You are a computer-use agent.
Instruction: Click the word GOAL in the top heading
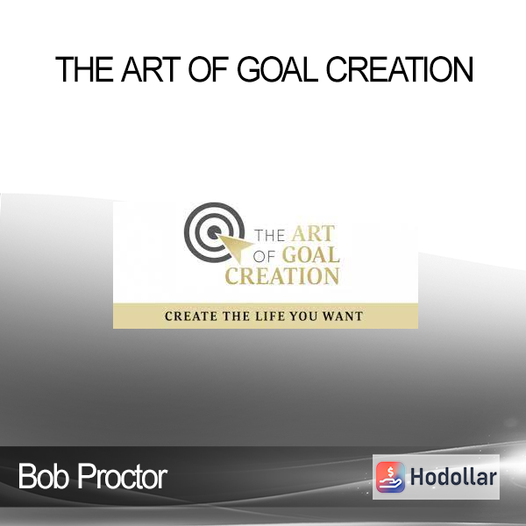pyautogui.click(x=277, y=69)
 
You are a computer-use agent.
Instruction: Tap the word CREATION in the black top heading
pyautogui.click(x=400, y=69)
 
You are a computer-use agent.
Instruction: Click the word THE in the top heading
pyautogui.click(x=84, y=69)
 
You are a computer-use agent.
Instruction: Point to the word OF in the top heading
pyautogui.click(x=209, y=69)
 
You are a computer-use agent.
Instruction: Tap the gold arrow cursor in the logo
pyautogui.click(x=235, y=247)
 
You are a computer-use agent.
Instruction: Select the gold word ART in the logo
pyautogui.click(x=313, y=233)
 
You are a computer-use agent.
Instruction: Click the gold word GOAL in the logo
pyautogui.click(x=311, y=255)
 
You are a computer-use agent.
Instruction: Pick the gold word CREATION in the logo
pyautogui.click(x=281, y=276)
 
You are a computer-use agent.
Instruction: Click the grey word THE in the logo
pyautogui.click(x=270, y=236)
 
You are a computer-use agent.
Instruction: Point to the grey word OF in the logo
pyautogui.click(x=264, y=257)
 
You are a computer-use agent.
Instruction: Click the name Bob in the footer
pyautogui.click(x=44, y=476)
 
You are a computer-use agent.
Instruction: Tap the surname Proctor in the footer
pyautogui.click(x=123, y=476)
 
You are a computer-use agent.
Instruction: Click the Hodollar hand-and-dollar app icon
pyautogui.click(x=390, y=477)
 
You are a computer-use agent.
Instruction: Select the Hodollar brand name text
pyautogui.click(x=453, y=477)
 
